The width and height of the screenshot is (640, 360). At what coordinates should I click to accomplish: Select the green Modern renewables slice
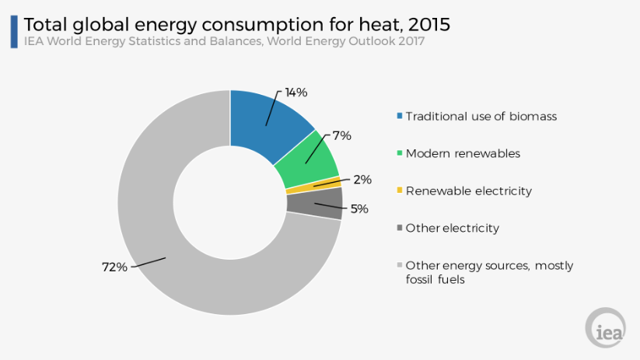(311, 159)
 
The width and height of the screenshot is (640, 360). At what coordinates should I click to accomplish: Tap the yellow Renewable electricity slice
(313, 185)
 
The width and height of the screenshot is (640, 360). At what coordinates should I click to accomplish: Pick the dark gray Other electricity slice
(315, 203)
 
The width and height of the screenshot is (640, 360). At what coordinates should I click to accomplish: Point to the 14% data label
(296, 93)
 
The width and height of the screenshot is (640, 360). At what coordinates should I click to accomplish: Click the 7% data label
(342, 135)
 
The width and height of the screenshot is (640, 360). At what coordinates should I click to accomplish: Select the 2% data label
(362, 180)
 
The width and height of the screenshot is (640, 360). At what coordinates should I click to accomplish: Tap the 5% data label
(359, 208)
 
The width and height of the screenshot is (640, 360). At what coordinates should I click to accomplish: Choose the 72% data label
(114, 267)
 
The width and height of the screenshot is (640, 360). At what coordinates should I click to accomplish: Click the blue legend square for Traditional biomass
(400, 117)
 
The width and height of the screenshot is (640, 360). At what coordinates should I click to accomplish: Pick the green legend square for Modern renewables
(400, 154)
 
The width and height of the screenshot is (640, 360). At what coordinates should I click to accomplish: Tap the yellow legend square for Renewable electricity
(400, 191)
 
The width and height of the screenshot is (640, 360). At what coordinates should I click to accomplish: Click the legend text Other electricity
(452, 228)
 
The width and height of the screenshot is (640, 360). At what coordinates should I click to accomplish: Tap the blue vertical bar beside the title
(14, 31)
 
